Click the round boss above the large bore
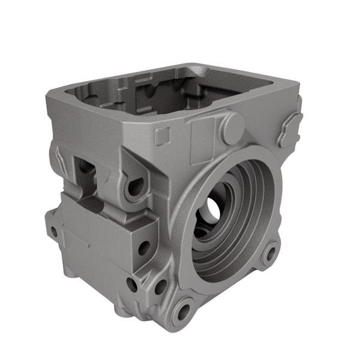point(233,125)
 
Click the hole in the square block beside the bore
point(143,245)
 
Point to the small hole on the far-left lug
point(54,230)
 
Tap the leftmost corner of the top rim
point(50,93)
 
